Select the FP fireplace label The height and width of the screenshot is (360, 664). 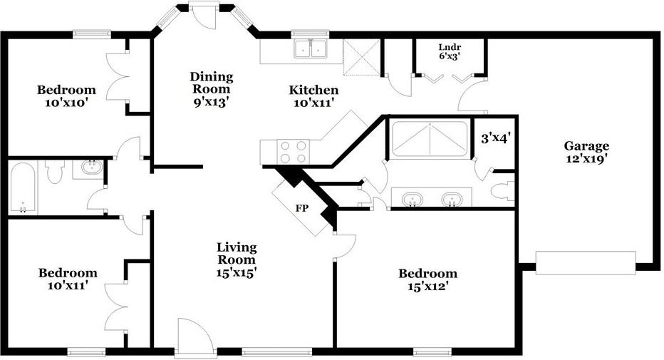[x=302, y=209]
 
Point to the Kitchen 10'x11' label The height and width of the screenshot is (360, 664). [x=313, y=96]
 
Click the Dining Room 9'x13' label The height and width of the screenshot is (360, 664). [x=211, y=89]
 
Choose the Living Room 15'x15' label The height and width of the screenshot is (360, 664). [x=237, y=259]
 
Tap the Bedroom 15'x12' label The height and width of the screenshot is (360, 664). [x=427, y=279]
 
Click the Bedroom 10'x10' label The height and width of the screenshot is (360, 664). [x=66, y=96]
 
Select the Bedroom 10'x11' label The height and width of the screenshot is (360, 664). [x=67, y=279]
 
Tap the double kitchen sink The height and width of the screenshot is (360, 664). [x=311, y=49]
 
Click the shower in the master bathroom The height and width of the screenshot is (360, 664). [x=430, y=138]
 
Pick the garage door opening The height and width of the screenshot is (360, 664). [x=585, y=262]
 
